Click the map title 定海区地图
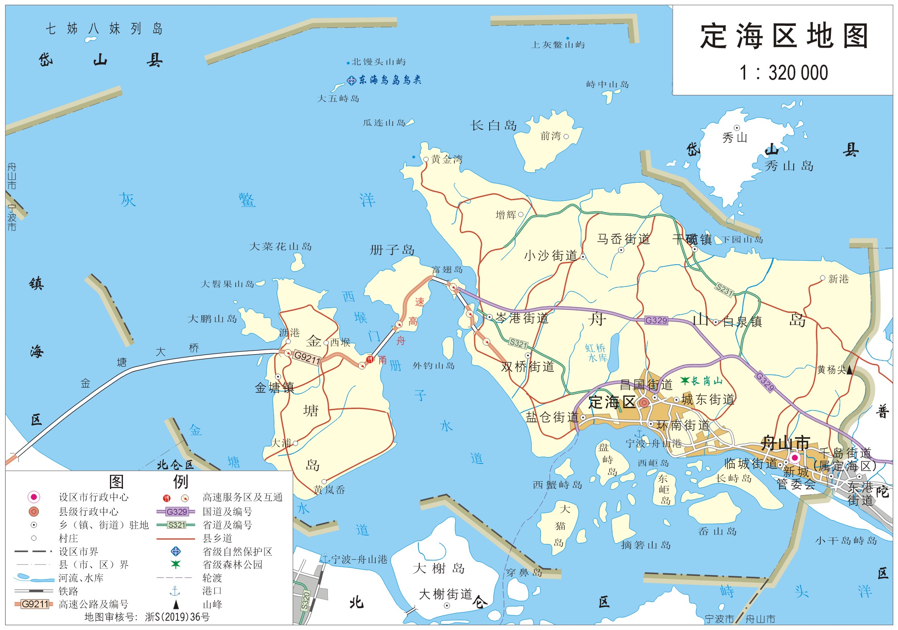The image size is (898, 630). (784, 36)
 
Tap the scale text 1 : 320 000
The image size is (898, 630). (784, 73)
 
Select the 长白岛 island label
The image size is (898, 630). (493, 126)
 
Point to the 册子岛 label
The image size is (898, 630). (392, 250)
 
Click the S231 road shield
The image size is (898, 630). (724, 289)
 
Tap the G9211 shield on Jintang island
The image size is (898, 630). (307, 357)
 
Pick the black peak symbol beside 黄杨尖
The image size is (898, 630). (849, 369)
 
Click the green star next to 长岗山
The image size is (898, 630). (685, 380)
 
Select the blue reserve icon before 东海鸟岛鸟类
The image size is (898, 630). (352, 80)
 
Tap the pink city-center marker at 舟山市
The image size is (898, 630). (794, 458)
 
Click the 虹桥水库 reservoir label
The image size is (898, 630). (596, 353)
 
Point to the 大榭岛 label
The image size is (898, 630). (438, 569)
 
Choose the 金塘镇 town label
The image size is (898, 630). (274, 388)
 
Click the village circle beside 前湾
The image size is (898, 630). (566, 137)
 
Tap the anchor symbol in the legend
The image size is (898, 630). (175, 592)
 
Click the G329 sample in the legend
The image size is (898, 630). (177, 512)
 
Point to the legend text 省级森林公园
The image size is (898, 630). (232, 565)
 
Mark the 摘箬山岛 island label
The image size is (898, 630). (646, 545)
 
